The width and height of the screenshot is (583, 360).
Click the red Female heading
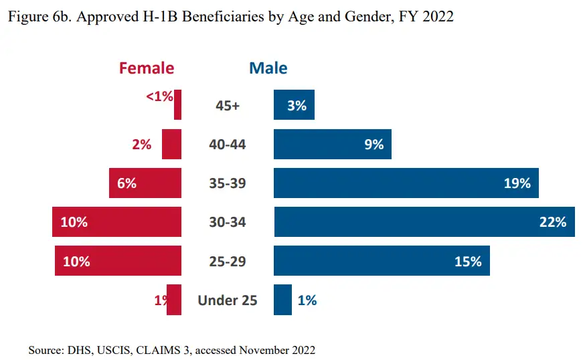(x=146, y=68)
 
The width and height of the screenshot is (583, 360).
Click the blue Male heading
(x=268, y=68)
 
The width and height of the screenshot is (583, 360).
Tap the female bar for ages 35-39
(x=145, y=183)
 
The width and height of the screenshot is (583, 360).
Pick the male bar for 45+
(x=294, y=105)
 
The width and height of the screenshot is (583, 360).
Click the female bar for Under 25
(x=174, y=300)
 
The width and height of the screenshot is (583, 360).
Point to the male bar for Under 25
(x=282, y=300)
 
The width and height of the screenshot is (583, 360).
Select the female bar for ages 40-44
(x=171, y=144)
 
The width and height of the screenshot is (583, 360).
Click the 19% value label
(x=517, y=183)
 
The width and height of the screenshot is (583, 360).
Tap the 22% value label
(x=553, y=222)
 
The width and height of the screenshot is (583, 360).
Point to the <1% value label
(x=159, y=96)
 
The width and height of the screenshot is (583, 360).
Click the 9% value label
(x=373, y=144)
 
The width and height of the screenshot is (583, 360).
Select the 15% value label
(x=468, y=261)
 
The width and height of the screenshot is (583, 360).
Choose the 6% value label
(x=127, y=183)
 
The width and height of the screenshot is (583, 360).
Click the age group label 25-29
(x=227, y=261)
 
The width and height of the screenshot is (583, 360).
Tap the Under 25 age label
(x=227, y=300)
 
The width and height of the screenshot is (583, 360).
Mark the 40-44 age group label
(x=227, y=144)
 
